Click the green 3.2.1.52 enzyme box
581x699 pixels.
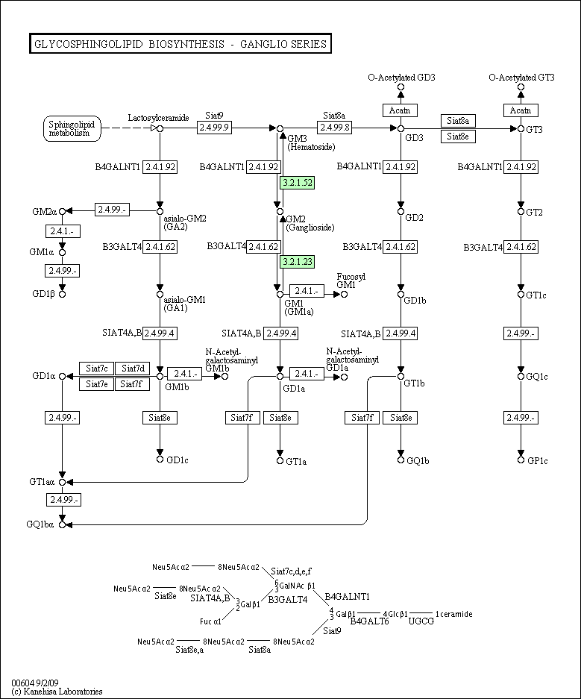297,182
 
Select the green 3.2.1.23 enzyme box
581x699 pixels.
297,262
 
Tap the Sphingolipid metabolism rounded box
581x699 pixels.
72,129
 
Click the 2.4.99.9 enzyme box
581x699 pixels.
214,128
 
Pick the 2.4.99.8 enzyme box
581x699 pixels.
335,128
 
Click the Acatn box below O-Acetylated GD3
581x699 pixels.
400,110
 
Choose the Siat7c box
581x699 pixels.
97,369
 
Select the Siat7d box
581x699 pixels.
132,369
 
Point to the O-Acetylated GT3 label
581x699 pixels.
521,78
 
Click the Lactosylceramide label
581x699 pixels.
158,118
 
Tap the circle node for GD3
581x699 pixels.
401,129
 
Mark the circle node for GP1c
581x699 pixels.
521,460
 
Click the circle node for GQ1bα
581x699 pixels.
63,524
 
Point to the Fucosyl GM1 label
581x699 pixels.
351,280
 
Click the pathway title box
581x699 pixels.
180,44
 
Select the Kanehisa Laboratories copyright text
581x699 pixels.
57,692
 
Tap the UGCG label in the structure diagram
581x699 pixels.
421,621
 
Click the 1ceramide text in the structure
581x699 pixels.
453,614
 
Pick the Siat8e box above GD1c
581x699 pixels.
160,418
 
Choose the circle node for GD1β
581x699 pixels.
63,294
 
